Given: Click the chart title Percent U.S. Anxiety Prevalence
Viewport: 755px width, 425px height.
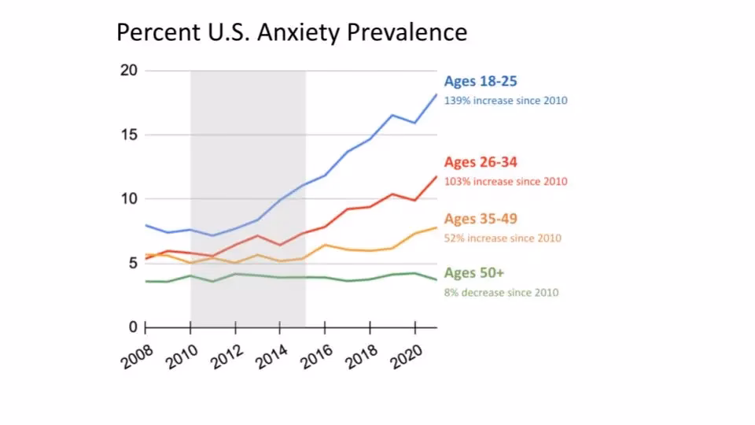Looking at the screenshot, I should [x=292, y=32].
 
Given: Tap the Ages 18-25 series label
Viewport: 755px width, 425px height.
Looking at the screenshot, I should [x=480, y=81].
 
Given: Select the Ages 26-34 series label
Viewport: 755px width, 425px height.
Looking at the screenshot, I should [x=480, y=162].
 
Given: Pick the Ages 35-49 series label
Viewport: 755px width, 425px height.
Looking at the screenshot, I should [x=480, y=219].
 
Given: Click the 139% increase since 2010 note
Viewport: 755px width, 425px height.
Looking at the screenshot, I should [x=505, y=101].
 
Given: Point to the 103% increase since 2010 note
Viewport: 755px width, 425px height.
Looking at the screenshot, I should [x=505, y=182].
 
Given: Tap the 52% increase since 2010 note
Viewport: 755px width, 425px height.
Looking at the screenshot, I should [x=503, y=238].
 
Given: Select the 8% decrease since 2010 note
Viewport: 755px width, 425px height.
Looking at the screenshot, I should [x=501, y=293].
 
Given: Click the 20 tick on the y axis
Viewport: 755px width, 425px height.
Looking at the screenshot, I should [x=129, y=71].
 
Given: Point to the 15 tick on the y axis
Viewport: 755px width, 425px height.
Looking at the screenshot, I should [x=129, y=135].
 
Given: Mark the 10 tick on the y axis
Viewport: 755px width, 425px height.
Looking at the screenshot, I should [x=129, y=198].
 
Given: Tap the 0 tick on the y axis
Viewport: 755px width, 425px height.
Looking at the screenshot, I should [x=132, y=327].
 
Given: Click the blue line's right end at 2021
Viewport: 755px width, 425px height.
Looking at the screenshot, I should [x=436, y=94].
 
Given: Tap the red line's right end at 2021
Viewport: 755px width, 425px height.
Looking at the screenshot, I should [x=436, y=176].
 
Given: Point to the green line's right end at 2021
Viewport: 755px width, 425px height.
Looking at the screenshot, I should [x=436, y=279].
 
